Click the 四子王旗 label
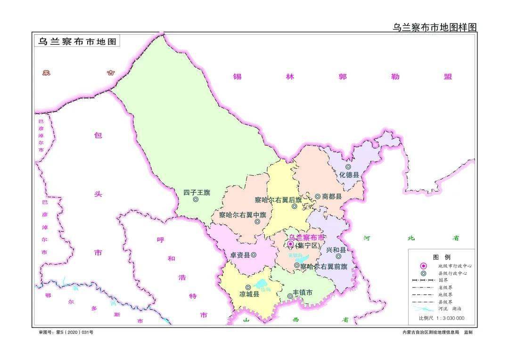pos(197,192)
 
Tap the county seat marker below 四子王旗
pos(196,200)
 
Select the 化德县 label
pos(349,174)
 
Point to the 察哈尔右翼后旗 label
pos(278,200)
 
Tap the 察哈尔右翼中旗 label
pos(242,214)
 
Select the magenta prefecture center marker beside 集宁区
pos(290,244)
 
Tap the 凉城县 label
pos(249,295)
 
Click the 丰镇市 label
pos(303,293)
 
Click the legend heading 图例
pos(442,257)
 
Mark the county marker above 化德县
pos(348,166)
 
